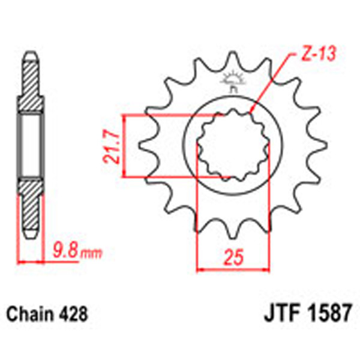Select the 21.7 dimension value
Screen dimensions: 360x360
tap(110, 146)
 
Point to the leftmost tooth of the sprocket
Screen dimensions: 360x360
tap(144, 146)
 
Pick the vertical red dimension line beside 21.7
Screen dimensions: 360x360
tap(124, 146)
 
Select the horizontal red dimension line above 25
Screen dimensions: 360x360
tap(233, 268)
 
